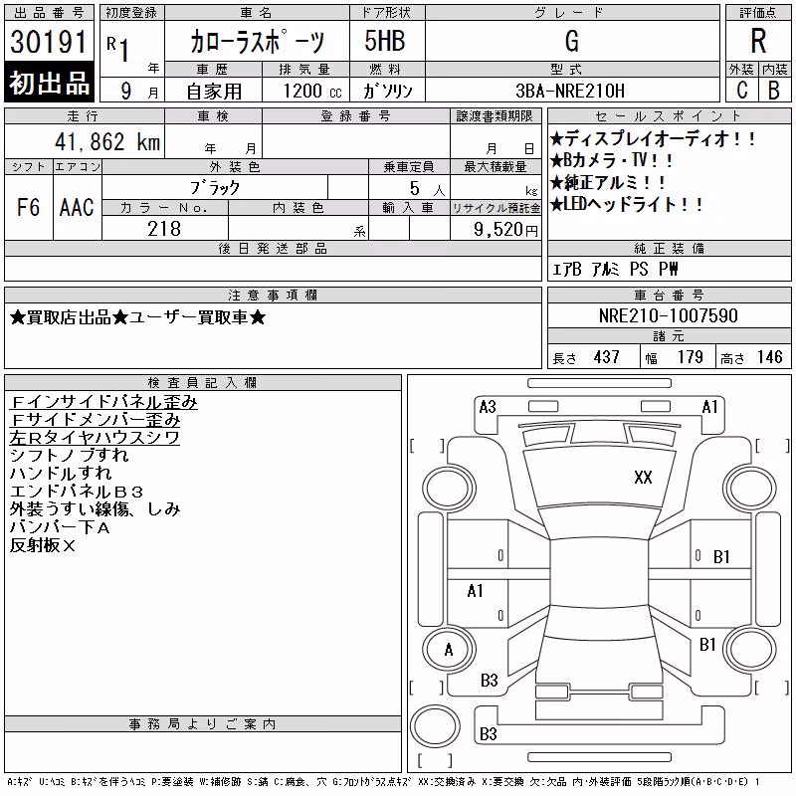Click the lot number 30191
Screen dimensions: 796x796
(48, 42)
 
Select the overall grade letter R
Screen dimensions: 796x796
(758, 41)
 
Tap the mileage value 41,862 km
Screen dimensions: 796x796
(107, 141)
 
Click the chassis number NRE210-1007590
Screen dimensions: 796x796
(668, 315)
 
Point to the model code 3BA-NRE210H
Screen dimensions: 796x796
(570, 91)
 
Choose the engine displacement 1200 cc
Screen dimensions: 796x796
(312, 91)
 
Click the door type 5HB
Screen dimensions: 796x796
(385, 41)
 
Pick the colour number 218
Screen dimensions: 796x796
(164, 229)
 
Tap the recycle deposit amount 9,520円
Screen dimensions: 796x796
(505, 230)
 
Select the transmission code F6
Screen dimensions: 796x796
(29, 208)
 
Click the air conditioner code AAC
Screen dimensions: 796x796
(77, 208)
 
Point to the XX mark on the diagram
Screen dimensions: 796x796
(643, 478)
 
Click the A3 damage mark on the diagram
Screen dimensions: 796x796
(488, 407)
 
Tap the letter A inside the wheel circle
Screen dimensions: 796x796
(449, 650)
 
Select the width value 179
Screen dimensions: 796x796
(690, 357)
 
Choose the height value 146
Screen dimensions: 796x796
(769, 357)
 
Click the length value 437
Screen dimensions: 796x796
(607, 357)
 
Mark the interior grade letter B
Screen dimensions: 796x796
(774, 91)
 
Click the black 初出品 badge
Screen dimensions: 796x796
(49, 83)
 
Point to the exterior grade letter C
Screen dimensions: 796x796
(742, 91)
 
